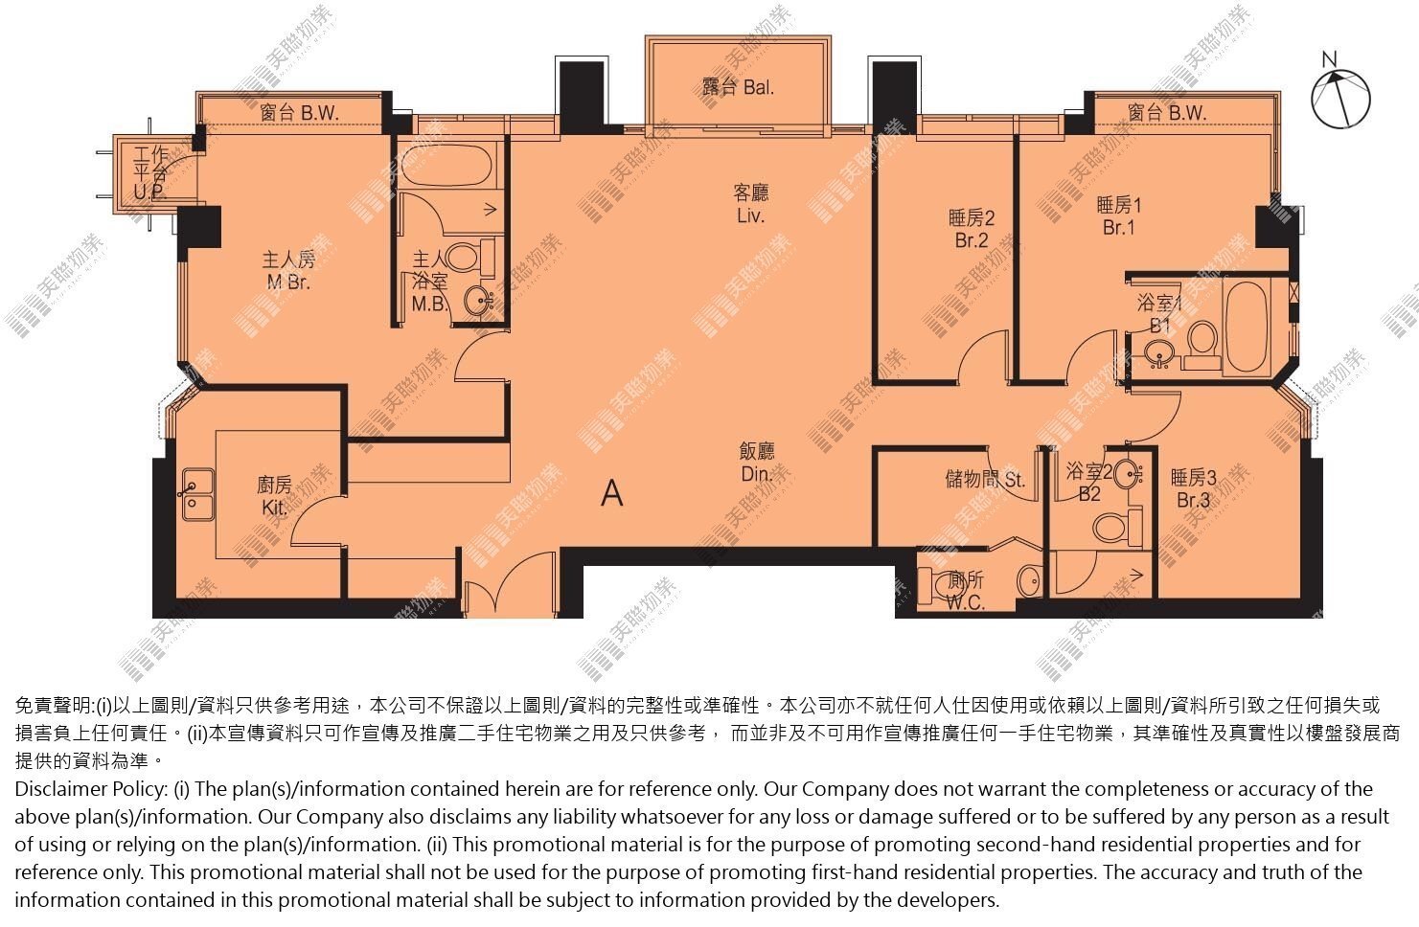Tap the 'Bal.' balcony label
pyautogui.click(x=758, y=87)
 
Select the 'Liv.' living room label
pyautogui.click(x=750, y=215)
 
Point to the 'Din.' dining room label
pyautogui.click(x=756, y=474)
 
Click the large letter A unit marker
pyautogui.click(x=611, y=492)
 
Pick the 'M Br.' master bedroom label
pyautogui.click(x=288, y=283)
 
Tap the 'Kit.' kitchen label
pyautogui.click(x=274, y=508)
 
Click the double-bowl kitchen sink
pyautogui.click(x=198, y=494)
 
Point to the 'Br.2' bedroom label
pyautogui.click(x=972, y=240)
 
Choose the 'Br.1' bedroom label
pyautogui.click(x=1119, y=227)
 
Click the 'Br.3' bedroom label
pyautogui.click(x=1194, y=500)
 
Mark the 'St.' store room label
pyautogui.click(x=1015, y=480)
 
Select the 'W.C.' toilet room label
pyautogui.click(x=966, y=602)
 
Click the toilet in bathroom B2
pyautogui.click(x=1117, y=526)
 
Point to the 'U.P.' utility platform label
pyautogui.click(x=149, y=192)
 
